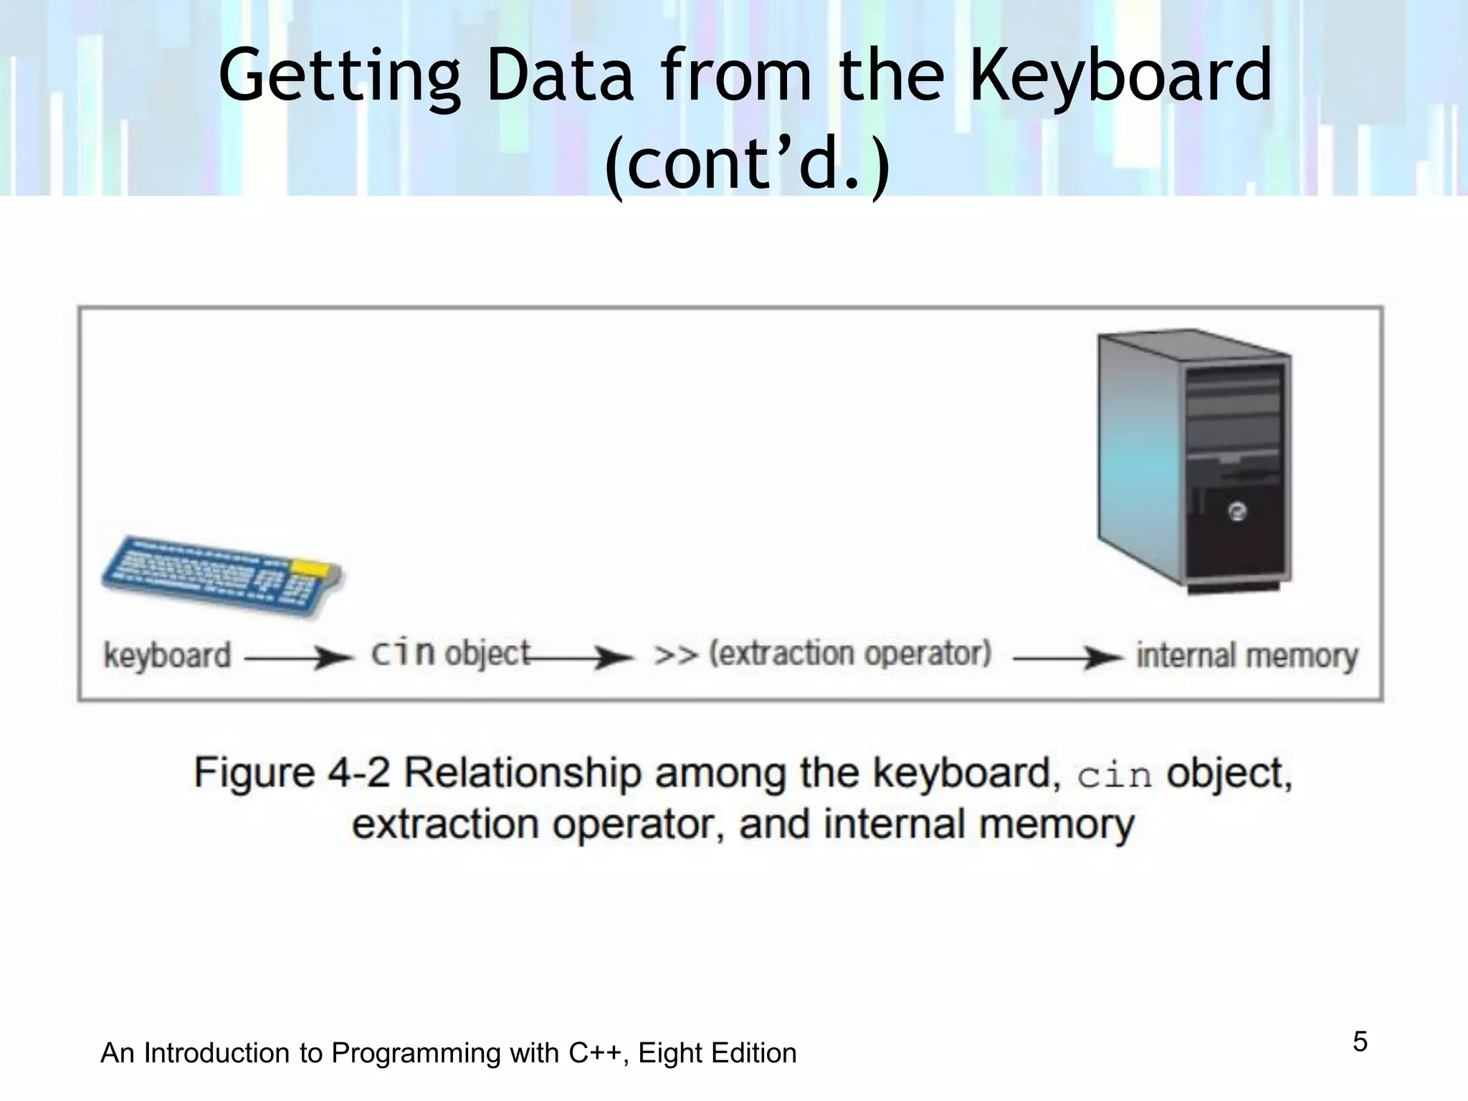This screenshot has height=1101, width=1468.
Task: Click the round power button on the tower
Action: [x=1237, y=512]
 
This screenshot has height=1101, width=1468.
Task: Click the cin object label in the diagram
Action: [x=450, y=654]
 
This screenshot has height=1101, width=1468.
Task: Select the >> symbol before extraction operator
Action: [x=675, y=655]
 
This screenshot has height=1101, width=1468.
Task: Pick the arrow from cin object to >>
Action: [x=581, y=657]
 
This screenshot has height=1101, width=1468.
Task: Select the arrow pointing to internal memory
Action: [x=1067, y=657]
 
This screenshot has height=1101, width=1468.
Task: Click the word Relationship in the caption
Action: [x=523, y=773]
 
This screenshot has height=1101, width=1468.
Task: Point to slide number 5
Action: [x=1360, y=1042]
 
